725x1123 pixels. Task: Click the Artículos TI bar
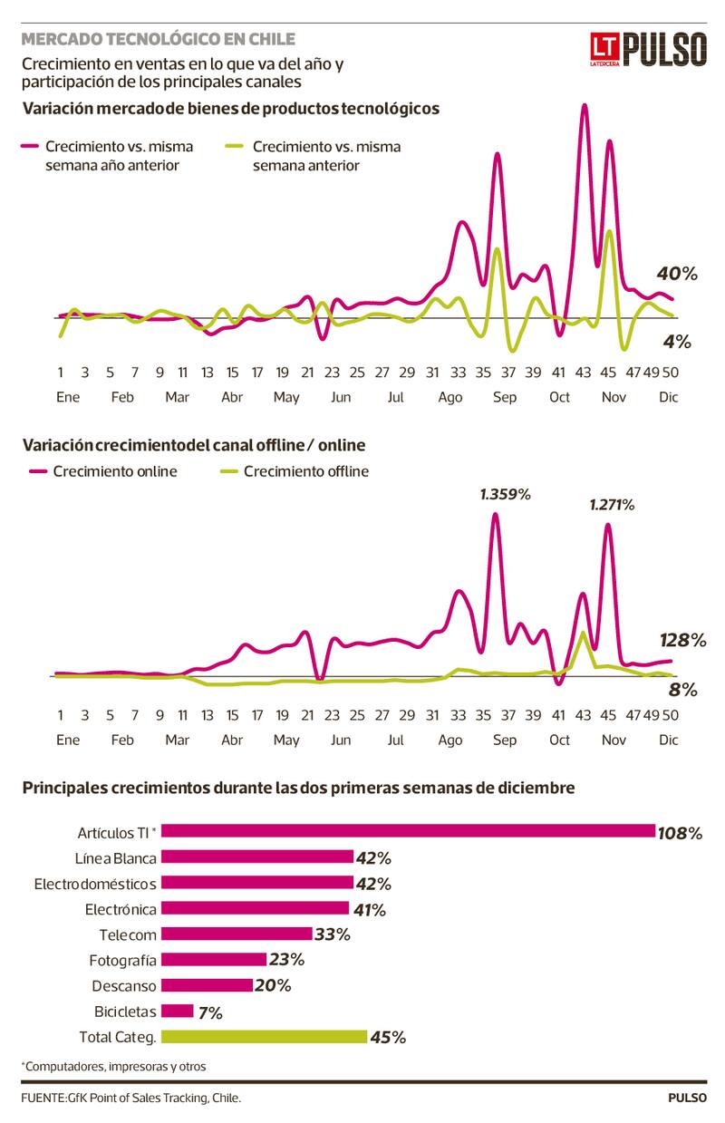(x=409, y=831)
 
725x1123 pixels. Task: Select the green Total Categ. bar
(x=265, y=1037)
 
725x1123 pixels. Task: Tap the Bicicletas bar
(x=179, y=1012)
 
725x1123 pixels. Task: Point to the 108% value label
(x=681, y=833)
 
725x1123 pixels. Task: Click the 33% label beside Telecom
(x=332, y=934)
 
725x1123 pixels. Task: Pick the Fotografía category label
(x=122, y=960)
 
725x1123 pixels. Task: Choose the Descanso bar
(x=208, y=985)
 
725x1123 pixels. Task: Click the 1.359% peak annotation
(x=505, y=495)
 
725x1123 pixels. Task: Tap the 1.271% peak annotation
(x=612, y=505)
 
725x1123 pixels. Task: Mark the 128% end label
(x=686, y=641)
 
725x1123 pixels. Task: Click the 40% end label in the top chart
(x=677, y=274)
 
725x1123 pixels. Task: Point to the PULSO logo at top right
(x=665, y=50)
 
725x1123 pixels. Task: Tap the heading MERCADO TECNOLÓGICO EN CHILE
(x=158, y=39)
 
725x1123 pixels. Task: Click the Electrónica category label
(x=121, y=909)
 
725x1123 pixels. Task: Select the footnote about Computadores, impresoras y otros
(x=114, y=1066)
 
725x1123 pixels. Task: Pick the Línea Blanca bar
(x=258, y=857)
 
